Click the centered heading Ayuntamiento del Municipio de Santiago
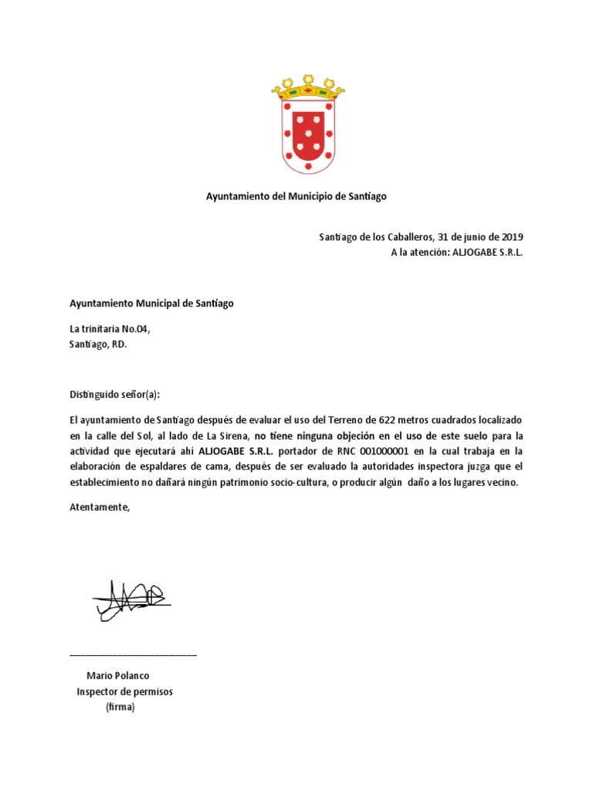296,197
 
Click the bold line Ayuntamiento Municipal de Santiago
151,304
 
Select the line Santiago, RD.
98,345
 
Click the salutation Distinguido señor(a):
114,395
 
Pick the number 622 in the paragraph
388,420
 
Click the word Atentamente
100,508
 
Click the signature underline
133,655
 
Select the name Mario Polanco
118,676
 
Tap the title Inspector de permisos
124,691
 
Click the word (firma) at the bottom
120,707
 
